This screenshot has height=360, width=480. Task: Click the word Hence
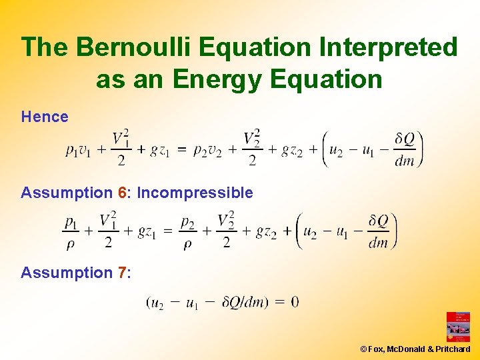[x=45, y=117]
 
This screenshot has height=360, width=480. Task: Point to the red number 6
[x=122, y=193]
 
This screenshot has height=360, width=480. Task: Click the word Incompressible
[x=195, y=193]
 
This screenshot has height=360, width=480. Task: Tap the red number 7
[x=122, y=273]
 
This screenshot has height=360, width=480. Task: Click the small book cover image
[x=458, y=327]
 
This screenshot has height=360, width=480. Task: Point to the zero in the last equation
[x=295, y=302]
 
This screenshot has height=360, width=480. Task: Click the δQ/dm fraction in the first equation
[x=404, y=149]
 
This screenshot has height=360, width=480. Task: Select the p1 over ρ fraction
[x=71, y=231]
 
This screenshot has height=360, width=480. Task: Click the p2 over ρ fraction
[x=188, y=231]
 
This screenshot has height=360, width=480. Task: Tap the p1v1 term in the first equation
[x=80, y=151]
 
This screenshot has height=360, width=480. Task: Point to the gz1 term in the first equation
[x=159, y=151]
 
